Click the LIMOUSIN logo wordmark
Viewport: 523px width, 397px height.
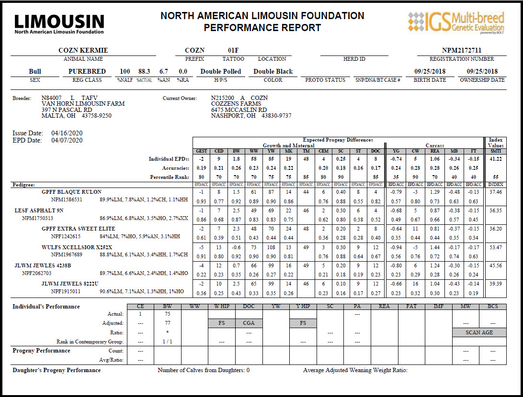59,22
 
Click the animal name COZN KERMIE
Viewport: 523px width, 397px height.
83,51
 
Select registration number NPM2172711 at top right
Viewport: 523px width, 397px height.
462,51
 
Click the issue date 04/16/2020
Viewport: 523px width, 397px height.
67,133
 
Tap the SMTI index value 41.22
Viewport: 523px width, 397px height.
496,158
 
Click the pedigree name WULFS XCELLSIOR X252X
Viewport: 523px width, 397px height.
77,247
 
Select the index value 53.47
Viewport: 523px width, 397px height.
496,247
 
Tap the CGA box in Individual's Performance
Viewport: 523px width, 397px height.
249,323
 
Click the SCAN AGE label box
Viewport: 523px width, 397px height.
479,332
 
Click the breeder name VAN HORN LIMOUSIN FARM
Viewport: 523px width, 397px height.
83,104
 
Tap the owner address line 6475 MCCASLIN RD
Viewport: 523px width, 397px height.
239,110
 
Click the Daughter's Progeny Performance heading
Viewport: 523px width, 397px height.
57,370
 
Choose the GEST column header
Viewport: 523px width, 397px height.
202,151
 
